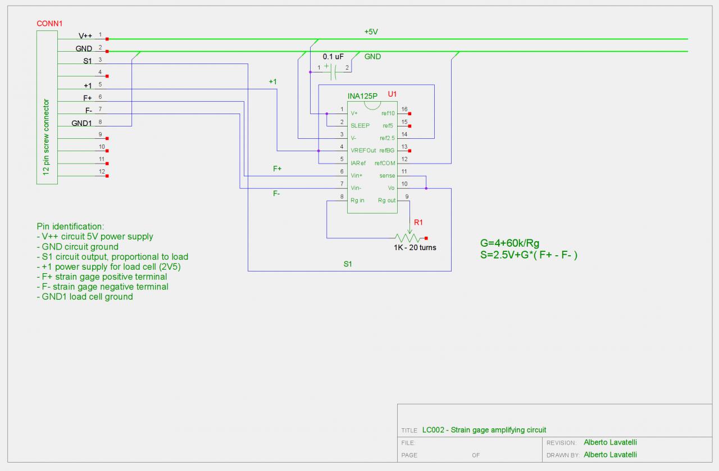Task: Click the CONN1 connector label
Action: tap(49, 24)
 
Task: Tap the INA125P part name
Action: tap(362, 96)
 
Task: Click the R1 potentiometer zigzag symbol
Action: tap(408, 238)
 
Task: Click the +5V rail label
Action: tap(371, 32)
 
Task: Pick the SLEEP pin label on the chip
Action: tap(360, 125)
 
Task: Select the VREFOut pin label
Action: tap(363, 151)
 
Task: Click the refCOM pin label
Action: tap(385, 163)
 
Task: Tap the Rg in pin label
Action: tap(358, 201)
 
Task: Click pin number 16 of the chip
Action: tap(404, 110)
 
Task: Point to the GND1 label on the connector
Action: tap(81, 123)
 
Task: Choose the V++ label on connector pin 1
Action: tap(85, 36)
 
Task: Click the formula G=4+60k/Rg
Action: tap(509, 243)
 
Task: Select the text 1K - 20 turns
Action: tap(415, 248)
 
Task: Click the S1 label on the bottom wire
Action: tap(348, 264)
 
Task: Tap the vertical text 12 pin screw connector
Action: tap(47, 137)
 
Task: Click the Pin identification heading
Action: tap(70, 226)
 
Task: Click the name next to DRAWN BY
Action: tap(610, 455)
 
